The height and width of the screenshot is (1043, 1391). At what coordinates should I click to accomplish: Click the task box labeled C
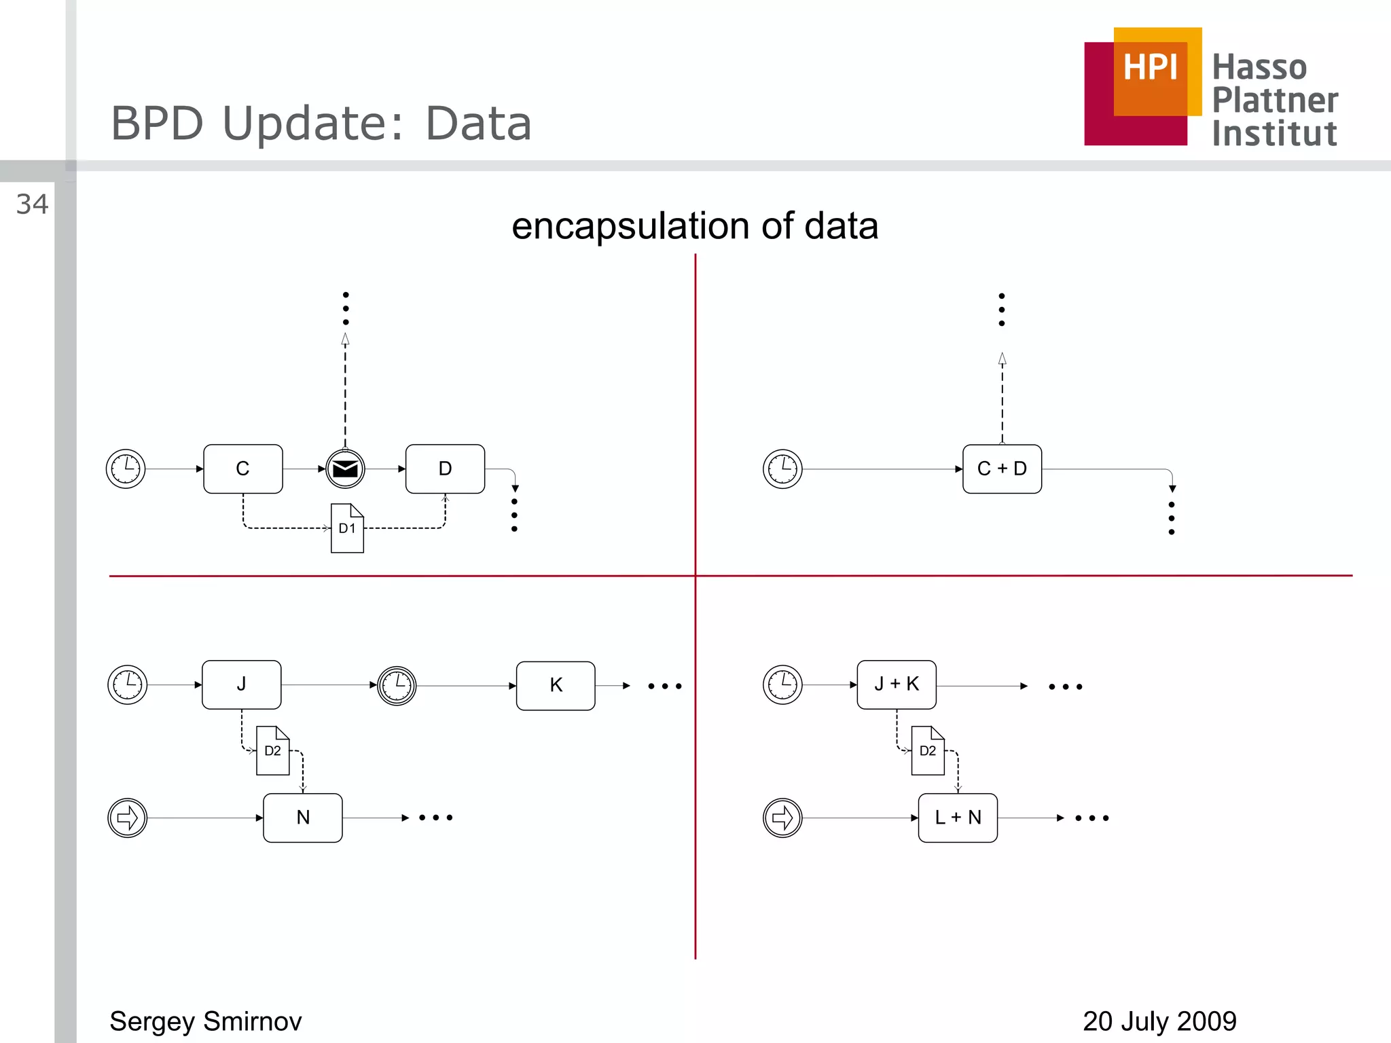coord(242,469)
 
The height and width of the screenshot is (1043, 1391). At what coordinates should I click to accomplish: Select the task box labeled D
coord(445,469)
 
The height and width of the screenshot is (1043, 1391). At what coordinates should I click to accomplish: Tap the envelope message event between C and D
coord(345,469)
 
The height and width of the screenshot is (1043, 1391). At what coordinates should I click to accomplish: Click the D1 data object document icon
coord(347,528)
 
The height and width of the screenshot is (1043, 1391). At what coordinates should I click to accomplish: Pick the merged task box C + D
coord(1002,469)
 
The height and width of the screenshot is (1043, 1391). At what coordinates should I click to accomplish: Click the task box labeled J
coord(241,684)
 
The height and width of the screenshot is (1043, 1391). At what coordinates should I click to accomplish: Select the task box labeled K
coord(556,686)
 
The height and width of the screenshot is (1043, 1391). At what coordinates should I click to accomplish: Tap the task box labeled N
coord(303,818)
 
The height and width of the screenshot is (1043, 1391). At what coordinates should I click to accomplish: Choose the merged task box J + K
coord(897,684)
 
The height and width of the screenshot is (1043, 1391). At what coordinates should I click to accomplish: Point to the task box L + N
coord(958,818)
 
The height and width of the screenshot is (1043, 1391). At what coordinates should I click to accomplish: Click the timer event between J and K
coord(397,686)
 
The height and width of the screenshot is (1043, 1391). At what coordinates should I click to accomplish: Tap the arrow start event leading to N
coord(128,818)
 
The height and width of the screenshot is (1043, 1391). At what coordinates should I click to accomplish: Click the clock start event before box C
coord(126,469)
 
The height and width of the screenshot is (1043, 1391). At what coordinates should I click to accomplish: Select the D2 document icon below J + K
coord(928,750)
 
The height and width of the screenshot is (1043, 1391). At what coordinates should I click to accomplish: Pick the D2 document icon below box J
coord(272,750)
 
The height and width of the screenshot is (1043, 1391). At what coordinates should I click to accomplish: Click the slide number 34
coord(32,204)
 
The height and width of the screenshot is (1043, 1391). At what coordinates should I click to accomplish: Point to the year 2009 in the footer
coord(1206,1021)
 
